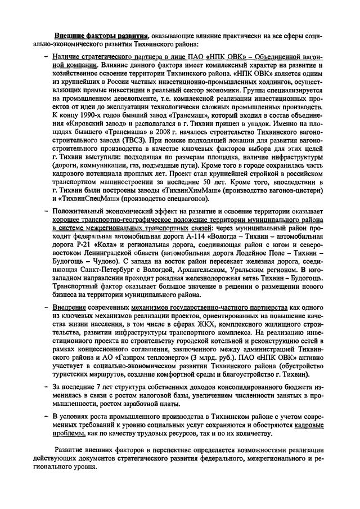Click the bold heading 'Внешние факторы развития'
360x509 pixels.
click(101, 35)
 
